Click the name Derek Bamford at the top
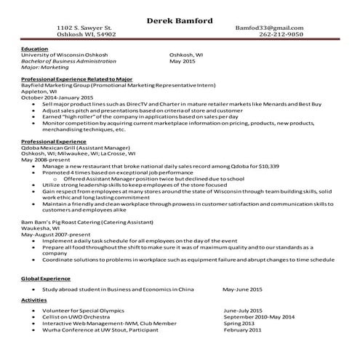[180, 20]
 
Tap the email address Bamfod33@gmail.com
[269, 28]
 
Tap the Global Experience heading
[47, 279]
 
